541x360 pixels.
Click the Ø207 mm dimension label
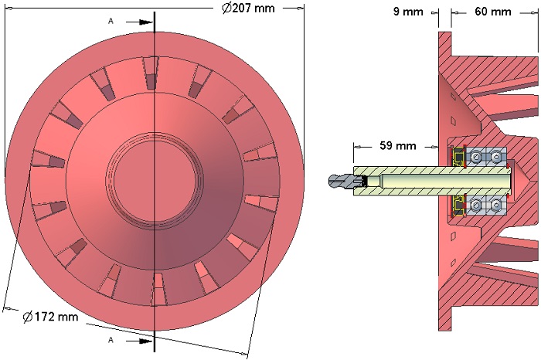(x=248, y=8)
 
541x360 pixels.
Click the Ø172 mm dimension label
(x=51, y=317)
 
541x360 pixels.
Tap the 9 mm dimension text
(x=408, y=12)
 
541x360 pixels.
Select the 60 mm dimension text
(x=493, y=12)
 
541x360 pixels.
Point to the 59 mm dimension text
(x=398, y=145)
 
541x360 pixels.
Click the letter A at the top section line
(x=111, y=22)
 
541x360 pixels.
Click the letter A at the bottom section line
(x=111, y=341)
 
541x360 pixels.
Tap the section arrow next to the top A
(x=139, y=22)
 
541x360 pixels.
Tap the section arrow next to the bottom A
(x=139, y=341)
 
